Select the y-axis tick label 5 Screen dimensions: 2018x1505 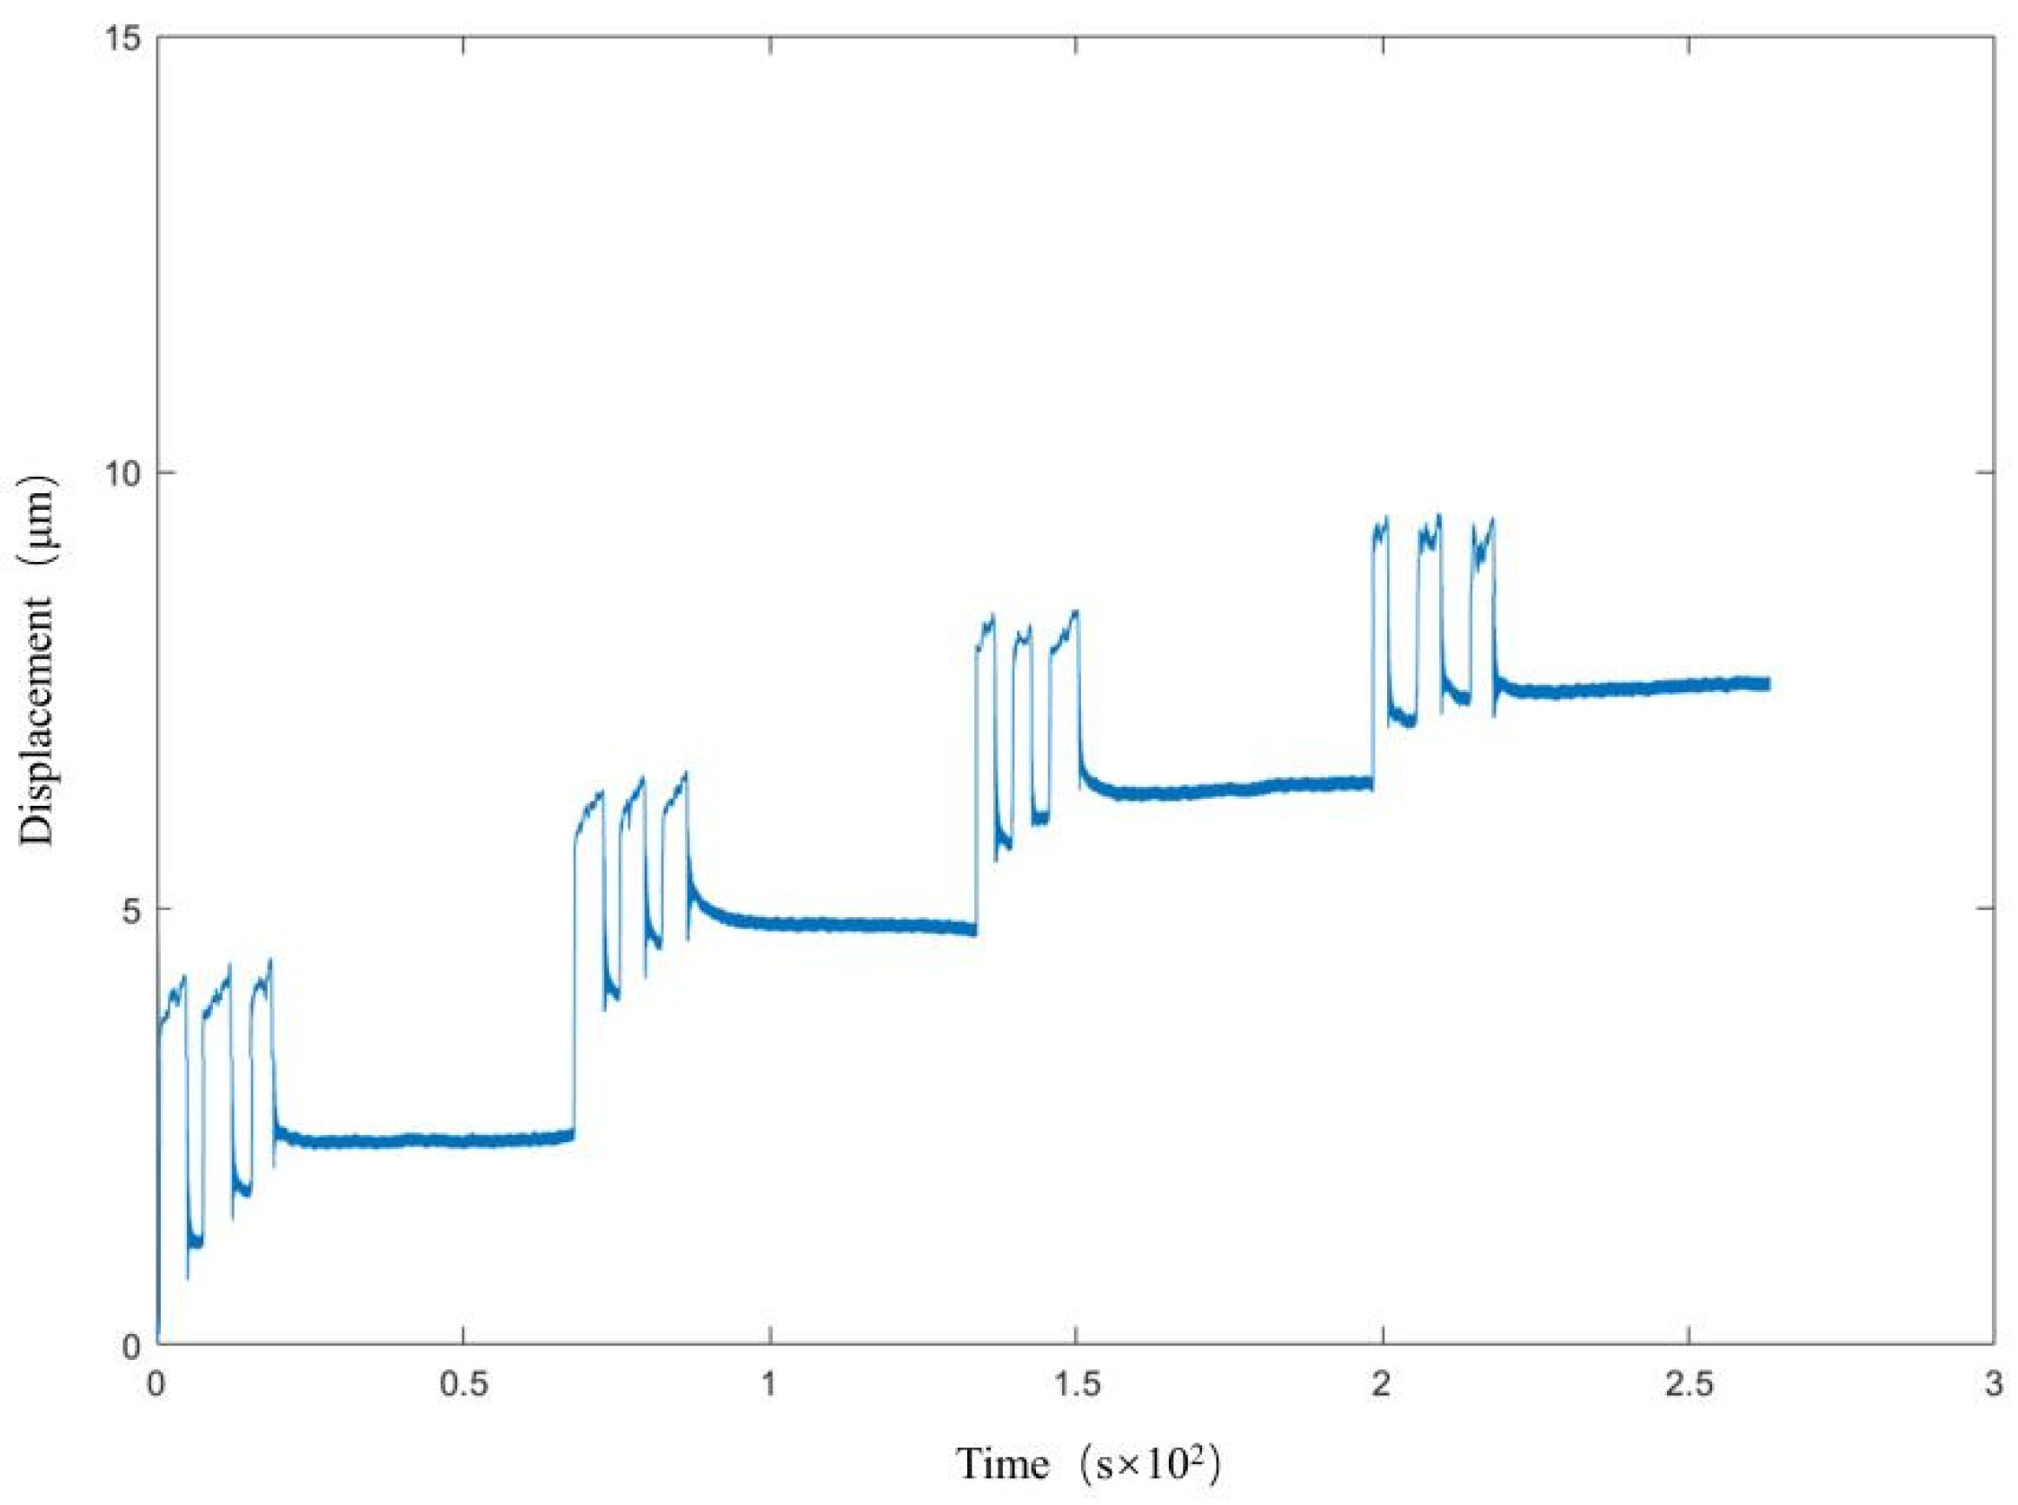tap(131, 909)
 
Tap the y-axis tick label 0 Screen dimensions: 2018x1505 tap(131, 1344)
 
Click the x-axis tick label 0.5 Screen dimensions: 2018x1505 tap(462, 1385)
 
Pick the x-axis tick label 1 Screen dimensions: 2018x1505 tap(769, 1385)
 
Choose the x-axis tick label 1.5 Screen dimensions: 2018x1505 tap(1077, 1385)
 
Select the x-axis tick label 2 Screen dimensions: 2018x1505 tap(1383, 1385)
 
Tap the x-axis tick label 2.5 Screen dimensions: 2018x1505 tap(1689, 1385)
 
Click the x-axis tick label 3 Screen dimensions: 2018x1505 tap(1995, 1385)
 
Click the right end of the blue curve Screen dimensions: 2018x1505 tap(1769, 684)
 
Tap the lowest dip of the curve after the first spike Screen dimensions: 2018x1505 tap(188, 1277)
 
